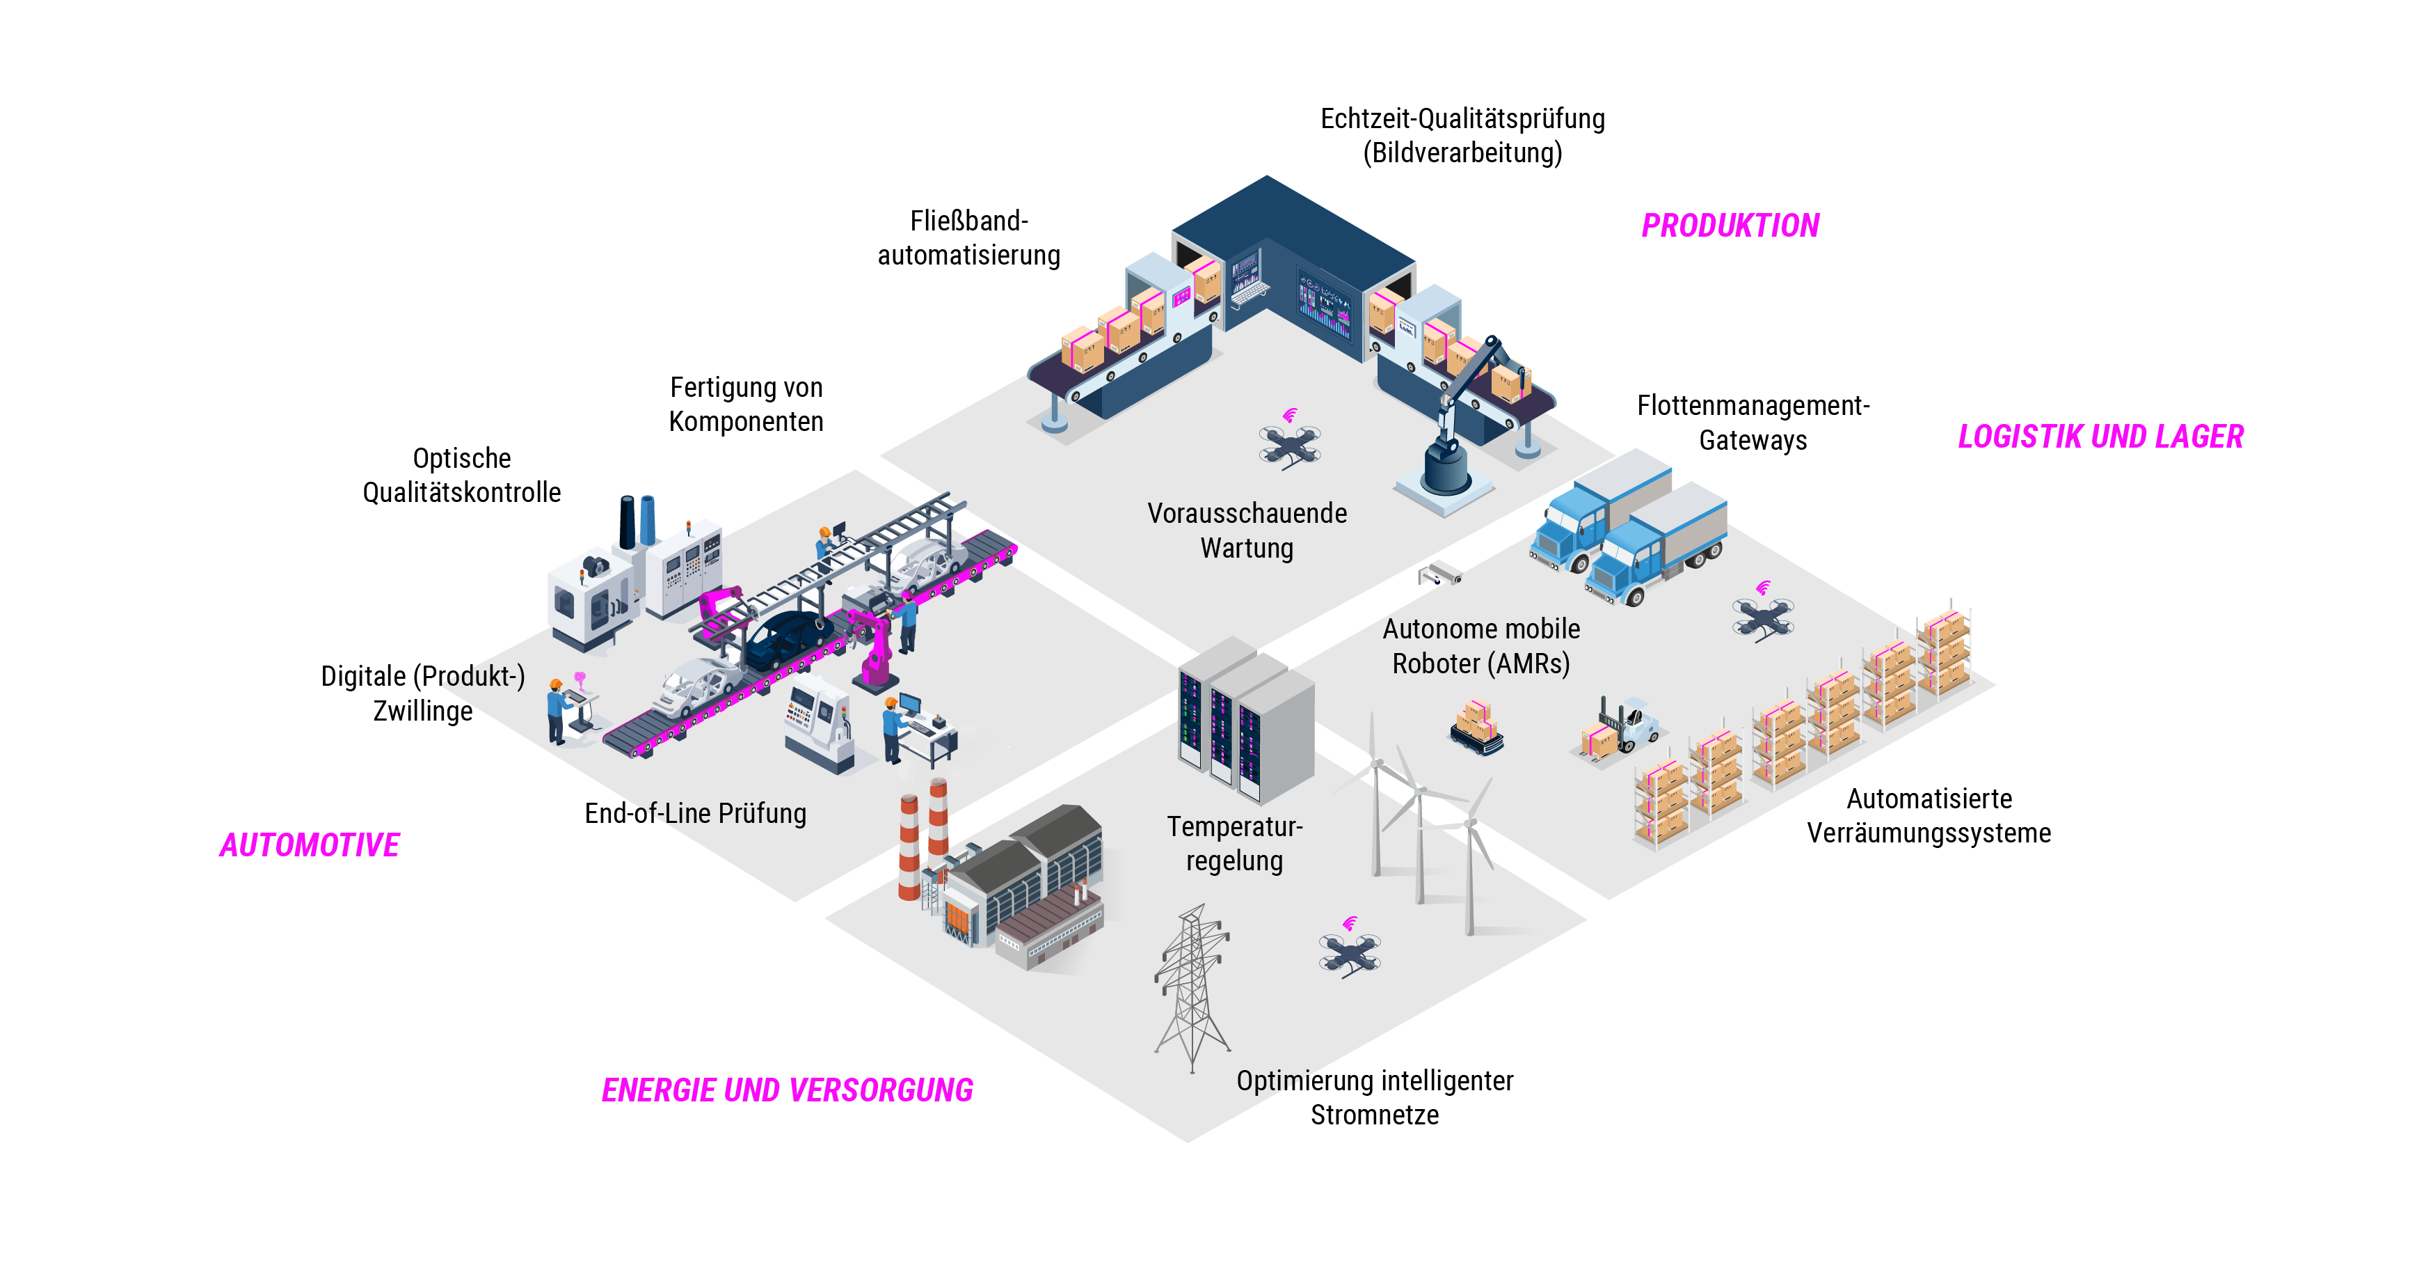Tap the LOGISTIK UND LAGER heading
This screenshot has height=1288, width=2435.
[x=2100, y=437]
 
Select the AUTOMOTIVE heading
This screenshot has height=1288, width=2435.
[x=309, y=845]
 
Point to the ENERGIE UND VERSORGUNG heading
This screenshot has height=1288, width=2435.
[x=786, y=1090]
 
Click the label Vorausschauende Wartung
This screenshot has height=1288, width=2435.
[x=1247, y=531]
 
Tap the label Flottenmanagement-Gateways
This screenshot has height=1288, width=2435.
[x=1753, y=423]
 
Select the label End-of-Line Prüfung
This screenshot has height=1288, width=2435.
[x=695, y=813]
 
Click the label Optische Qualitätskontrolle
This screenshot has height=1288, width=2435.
[x=461, y=476]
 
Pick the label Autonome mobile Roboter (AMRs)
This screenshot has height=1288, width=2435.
[x=1480, y=646]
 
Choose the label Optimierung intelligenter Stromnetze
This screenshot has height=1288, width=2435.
[x=1375, y=1097]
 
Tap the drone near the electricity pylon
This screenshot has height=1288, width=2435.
[x=1349, y=951]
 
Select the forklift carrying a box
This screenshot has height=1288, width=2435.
[x=1621, y=728]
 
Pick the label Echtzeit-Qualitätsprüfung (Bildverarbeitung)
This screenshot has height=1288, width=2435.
[x=1462, y=135]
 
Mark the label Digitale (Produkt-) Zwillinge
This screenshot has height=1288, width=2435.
[x=422, y=693]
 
